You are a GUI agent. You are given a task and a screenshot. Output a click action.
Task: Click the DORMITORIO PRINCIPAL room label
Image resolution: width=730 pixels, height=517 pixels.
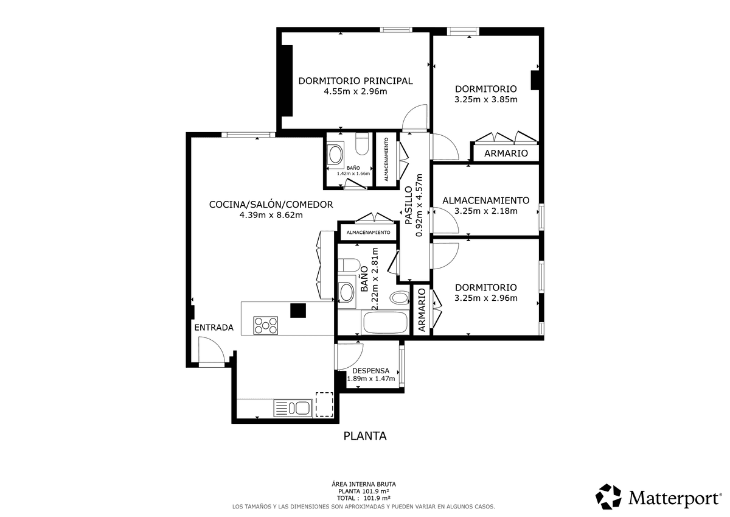tap(355, 81)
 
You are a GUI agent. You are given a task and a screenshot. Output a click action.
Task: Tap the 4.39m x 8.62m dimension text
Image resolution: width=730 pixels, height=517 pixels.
tap(271, 216)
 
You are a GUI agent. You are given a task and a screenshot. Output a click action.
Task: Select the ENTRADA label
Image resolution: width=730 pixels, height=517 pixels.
tap(214, 328)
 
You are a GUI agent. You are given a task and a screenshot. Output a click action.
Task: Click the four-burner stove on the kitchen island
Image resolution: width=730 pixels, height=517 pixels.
tap(266, 325)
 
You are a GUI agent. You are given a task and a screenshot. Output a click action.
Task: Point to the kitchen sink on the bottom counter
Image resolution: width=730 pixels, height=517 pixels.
tap(293, 408)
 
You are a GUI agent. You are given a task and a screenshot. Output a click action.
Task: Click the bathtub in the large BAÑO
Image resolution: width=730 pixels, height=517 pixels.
tap(386, 322)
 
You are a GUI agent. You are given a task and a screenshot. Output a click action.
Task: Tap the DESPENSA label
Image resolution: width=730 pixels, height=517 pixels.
tap(371, 371)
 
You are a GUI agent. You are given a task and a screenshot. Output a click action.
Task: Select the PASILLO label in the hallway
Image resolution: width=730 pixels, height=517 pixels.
tap(409, 205)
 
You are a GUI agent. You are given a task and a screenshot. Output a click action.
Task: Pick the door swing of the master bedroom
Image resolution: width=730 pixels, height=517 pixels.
tap(414, 117)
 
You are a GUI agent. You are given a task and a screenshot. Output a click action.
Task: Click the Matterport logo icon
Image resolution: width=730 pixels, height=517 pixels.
tap(608, 496)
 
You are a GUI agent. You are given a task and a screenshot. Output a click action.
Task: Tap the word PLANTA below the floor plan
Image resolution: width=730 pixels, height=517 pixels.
tap(365, 436)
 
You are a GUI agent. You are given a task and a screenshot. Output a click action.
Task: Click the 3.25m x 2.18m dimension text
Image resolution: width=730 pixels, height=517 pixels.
tap(486, 211)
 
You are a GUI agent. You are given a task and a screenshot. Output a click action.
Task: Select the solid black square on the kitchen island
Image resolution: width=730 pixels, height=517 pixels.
tap(298, 311)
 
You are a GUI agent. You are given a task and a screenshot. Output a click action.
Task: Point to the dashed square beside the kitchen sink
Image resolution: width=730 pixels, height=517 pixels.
tap(324, 404)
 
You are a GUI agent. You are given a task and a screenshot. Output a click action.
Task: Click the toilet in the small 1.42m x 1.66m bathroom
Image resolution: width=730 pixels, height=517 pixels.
tap(362, 144)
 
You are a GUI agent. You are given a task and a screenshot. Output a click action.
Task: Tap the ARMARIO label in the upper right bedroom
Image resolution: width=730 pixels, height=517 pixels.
tap(506, 153)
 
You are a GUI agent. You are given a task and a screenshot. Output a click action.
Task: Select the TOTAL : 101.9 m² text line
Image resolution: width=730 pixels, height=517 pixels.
tap(364, 498)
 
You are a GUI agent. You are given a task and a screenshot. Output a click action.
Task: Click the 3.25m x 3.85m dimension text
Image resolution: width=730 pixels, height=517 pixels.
tap(486, 99)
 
